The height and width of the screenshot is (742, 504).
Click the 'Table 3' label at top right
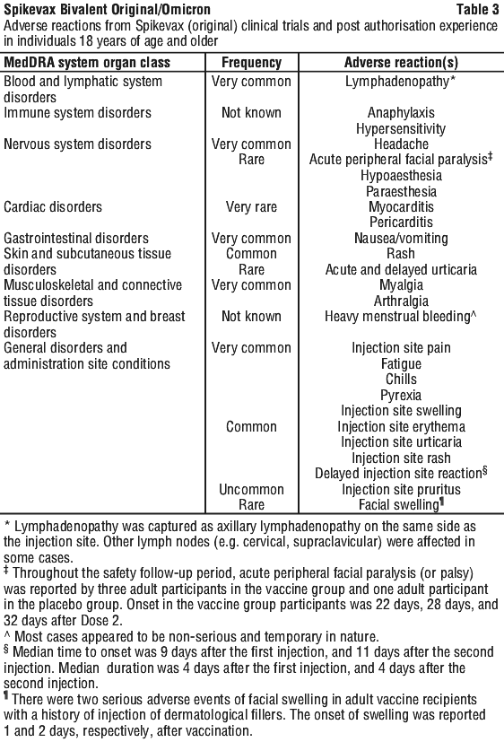pos(477,10)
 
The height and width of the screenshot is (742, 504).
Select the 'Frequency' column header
pos(251,63)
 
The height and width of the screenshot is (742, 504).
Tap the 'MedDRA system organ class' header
pos(87,63)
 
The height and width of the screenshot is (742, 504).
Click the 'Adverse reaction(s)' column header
pos(401,63)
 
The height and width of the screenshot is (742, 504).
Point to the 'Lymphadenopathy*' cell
pos(401,82)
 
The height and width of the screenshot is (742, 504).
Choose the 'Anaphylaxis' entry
pos(401,113)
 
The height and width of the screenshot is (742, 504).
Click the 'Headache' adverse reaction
pos(401,144)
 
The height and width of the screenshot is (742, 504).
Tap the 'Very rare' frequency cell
pos(251,206)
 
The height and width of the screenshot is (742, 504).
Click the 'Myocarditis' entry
pos(401,206)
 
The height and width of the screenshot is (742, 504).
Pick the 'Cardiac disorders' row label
pos(53,206)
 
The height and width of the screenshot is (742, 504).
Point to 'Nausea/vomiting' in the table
pos(401,238)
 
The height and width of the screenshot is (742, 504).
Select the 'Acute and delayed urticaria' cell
pos(401,270)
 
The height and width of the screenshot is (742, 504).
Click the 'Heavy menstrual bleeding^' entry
pos(401,317)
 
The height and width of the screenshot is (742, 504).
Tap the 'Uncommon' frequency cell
pos(251,489)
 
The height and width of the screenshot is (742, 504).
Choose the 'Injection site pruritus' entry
pos(401,490)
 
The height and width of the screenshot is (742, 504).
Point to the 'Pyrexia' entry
pos(401,395)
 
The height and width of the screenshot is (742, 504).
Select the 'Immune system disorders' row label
pos(77,113)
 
